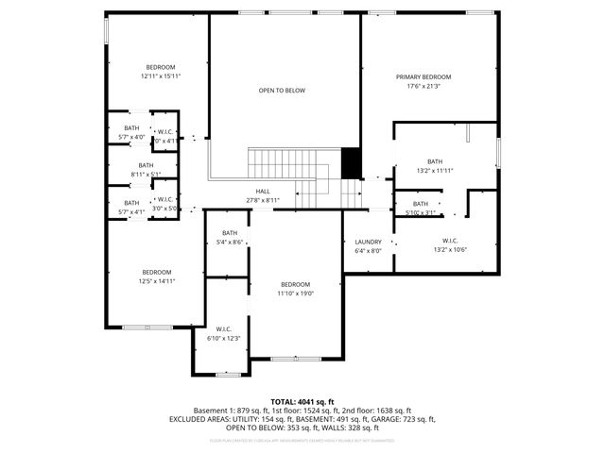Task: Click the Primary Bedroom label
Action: tap(423, 76)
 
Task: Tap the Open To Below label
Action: tap(282, 91)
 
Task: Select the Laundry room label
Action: tap(368, 242)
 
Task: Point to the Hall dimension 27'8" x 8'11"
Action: tap(262, 200)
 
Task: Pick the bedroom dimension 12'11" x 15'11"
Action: tap(160, 76)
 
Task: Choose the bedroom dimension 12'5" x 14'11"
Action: tap(157, 280)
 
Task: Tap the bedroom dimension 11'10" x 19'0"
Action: tap(295, 294)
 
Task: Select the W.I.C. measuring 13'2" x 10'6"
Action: tap(449, 249)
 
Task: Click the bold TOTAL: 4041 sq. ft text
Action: tap(302, 401)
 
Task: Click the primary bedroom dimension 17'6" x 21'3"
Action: tap(423, 86)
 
